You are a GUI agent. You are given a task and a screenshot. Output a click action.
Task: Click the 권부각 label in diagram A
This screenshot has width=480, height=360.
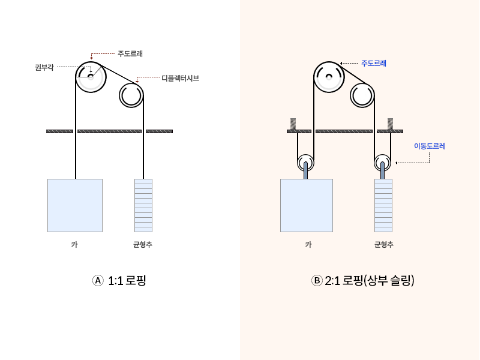pos(44,67)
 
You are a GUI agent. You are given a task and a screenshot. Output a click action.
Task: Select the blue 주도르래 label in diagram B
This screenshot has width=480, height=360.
pos(373,63)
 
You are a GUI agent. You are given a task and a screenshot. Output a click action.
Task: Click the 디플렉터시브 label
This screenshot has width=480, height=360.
pos(180,78)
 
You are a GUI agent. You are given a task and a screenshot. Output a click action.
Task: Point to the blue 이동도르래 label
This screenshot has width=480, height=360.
pos(430,146)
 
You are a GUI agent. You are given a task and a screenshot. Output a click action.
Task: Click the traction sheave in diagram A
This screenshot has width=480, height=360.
pos(91,77)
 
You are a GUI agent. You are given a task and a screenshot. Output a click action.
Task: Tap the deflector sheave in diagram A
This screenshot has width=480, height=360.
pos(131,95)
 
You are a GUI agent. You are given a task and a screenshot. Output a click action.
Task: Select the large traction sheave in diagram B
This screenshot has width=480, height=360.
pos(328,77)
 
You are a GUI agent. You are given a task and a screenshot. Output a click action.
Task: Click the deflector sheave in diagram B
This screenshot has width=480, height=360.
pos(362,95)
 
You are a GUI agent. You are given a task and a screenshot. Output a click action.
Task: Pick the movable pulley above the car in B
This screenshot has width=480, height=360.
pos(306,163)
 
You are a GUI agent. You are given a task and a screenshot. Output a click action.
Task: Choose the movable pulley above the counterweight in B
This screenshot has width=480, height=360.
pos(382,163)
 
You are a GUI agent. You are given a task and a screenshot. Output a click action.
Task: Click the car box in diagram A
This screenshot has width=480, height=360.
pos(75,205)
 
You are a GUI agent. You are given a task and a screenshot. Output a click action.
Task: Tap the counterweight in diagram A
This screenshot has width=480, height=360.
pos(143,205)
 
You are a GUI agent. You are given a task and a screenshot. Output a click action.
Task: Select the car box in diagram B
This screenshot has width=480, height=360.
pos(306,205)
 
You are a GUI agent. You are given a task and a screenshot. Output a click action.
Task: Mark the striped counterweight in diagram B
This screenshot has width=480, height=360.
pos(383,205)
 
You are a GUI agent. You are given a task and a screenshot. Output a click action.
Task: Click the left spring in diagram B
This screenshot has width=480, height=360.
pos(293,124)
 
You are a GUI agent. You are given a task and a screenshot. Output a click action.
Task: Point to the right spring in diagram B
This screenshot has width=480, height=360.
pos(391,124)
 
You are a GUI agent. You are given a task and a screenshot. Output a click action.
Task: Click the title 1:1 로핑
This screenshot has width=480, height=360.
pos(119,280)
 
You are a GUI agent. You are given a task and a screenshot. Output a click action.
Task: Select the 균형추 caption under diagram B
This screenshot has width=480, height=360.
pos(383,244)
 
